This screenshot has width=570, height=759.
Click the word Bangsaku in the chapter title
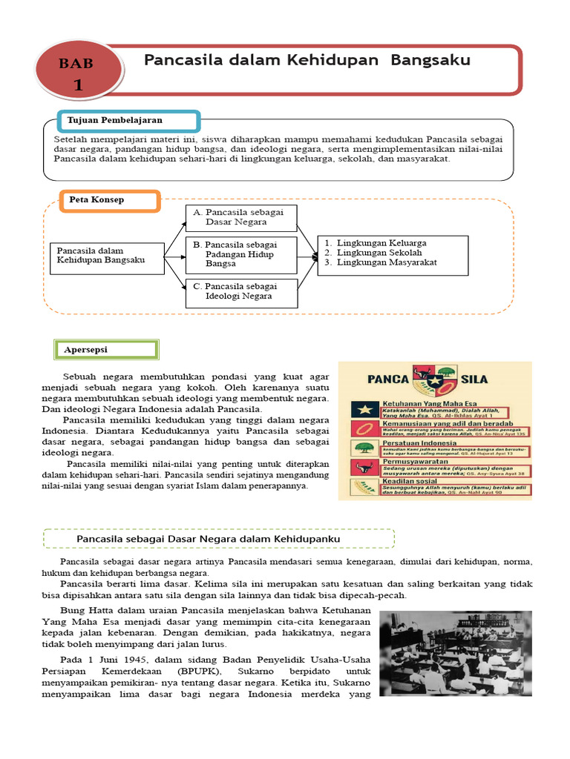[x=430, y=60]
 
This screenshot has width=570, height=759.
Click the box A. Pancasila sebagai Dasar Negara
[x=240, y=217]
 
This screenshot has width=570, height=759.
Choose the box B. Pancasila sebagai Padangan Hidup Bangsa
[x=240, y=254]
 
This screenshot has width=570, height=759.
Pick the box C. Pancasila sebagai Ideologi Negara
[x=240, y=291]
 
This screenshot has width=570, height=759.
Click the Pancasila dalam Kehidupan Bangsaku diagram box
[x=106, y=256]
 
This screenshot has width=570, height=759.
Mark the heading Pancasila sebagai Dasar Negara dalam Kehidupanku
[x=219, y=537]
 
